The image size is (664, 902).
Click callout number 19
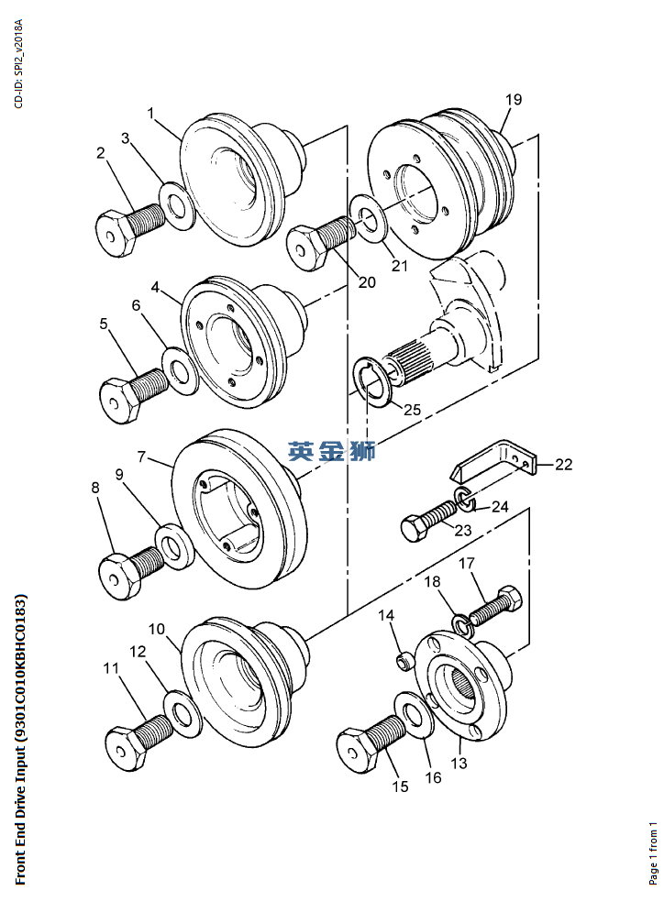(x=514, y=100)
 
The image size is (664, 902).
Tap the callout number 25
(x=412, y=410)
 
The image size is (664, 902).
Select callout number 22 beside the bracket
(x=563, y=464)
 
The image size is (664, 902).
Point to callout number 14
(x=386, y=615)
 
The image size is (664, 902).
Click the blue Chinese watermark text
(x=332, y=451)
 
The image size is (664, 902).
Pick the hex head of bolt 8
(x=118, y=577)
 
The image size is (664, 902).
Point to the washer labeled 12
(x=182, y=715)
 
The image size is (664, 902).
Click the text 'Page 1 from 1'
(x=653, y=853)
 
